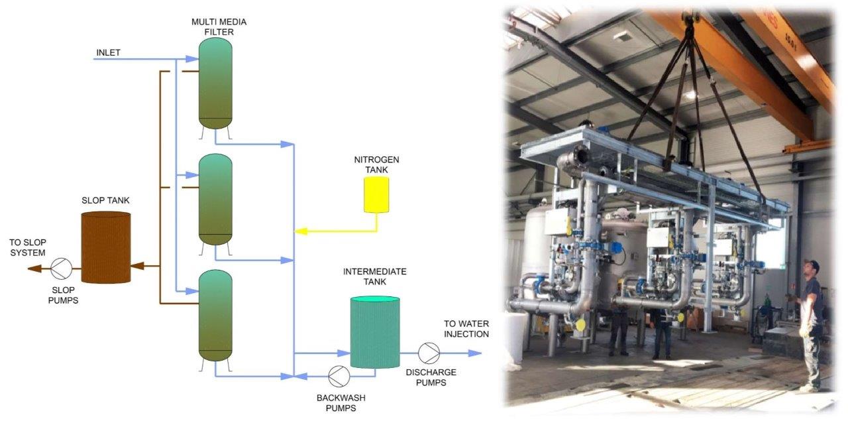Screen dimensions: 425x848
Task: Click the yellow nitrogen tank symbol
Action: coord(376,194)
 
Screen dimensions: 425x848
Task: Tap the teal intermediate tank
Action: coord(374,332)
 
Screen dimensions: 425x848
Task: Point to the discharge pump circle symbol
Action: coord(429,353)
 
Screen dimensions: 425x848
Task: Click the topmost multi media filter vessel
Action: coord(216,82)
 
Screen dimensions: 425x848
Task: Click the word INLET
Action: coord(109,53)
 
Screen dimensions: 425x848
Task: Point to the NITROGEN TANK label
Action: coord(376,165)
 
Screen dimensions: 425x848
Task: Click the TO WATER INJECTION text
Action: coord(466,329)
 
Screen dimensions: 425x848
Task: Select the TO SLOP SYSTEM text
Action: coord(28,247)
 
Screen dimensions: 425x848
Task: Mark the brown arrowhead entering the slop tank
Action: coord(137,267)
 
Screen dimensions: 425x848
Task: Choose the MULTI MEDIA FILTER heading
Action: coord(216,27)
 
